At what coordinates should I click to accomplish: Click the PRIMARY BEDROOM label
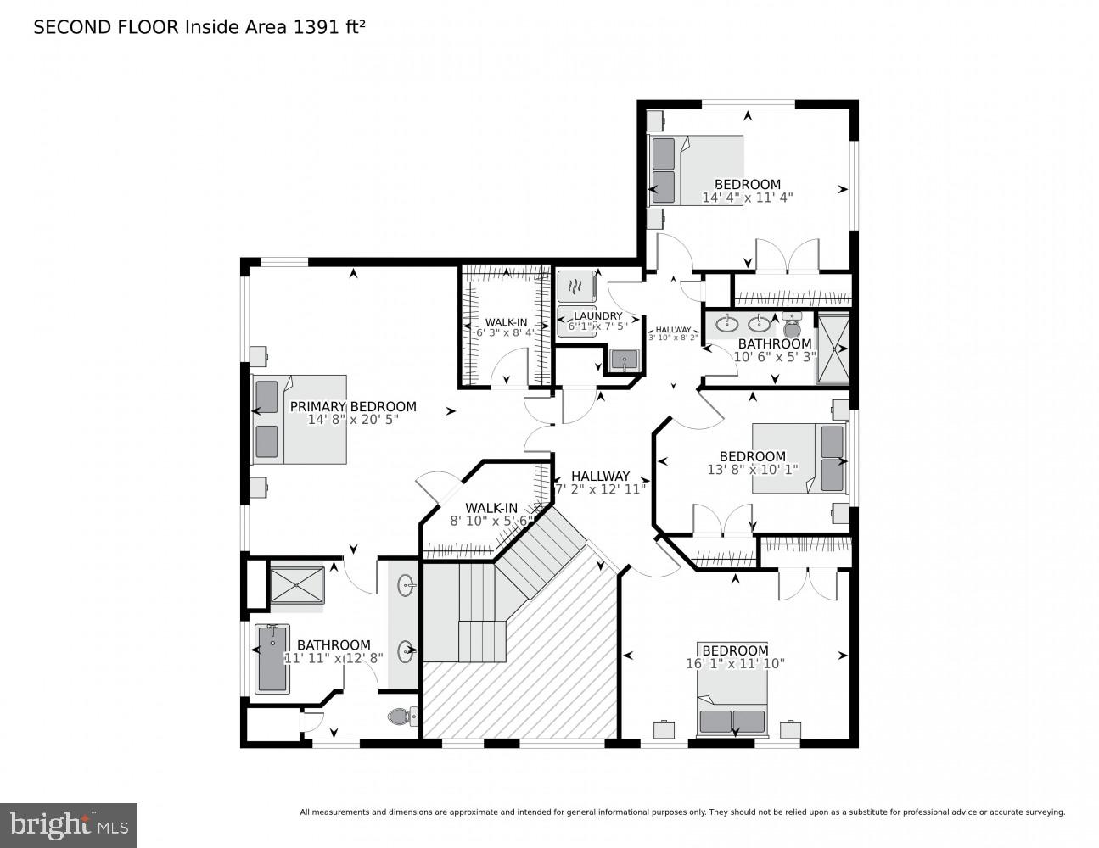(353, 406)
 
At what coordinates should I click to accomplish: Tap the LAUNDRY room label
(598, 315)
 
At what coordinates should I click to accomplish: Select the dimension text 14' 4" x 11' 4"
(747, 198)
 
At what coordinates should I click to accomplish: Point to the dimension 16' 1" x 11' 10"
(735, 664)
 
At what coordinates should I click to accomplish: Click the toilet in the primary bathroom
(401, 717)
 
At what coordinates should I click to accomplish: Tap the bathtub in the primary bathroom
(272, 658)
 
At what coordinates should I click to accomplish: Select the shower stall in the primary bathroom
(296, 585)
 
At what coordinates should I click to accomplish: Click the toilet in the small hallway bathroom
(792, 324)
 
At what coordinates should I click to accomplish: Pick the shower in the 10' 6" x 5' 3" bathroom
(832, 348)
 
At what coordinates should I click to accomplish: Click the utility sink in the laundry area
(625, 360)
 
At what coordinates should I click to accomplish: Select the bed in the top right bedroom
(696, 170)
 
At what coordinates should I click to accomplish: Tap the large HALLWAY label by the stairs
(600, 476)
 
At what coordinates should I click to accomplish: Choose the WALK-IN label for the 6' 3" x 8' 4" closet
(506, 322)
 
